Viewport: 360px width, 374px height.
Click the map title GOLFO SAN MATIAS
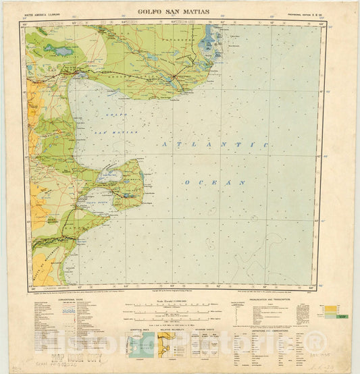pos(173,11)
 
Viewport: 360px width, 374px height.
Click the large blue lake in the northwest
pos(64,51)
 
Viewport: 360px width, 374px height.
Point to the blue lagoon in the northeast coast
pos(207,46)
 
